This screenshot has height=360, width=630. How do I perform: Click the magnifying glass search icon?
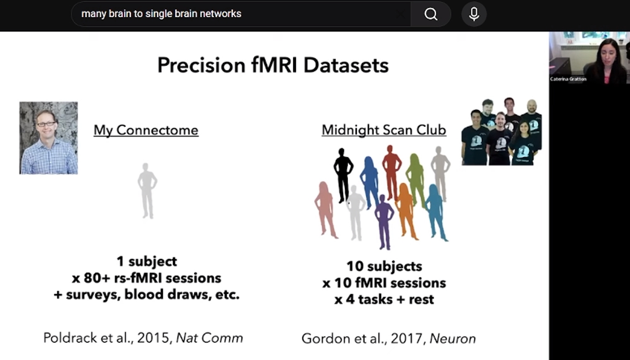[431, 14]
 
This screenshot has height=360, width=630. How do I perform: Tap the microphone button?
[474, 14]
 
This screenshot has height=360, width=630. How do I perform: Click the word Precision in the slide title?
[201, 65]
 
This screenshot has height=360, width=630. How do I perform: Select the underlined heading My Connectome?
[146, 130]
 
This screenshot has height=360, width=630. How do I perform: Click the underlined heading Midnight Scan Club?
[384, 130]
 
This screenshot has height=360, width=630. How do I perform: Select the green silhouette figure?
[415, 181]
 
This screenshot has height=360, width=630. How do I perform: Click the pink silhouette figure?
[326, 210]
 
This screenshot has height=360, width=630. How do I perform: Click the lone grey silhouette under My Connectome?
[147, 191]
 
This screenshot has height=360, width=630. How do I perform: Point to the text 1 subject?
[147, 261]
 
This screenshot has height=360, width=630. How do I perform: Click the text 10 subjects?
[384, 266]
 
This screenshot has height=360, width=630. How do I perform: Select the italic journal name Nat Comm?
[209, 338]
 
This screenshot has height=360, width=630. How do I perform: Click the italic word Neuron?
[453, 339]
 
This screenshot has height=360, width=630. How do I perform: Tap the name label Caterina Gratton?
[568, 79]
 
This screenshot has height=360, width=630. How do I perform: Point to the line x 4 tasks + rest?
[384, 300]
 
